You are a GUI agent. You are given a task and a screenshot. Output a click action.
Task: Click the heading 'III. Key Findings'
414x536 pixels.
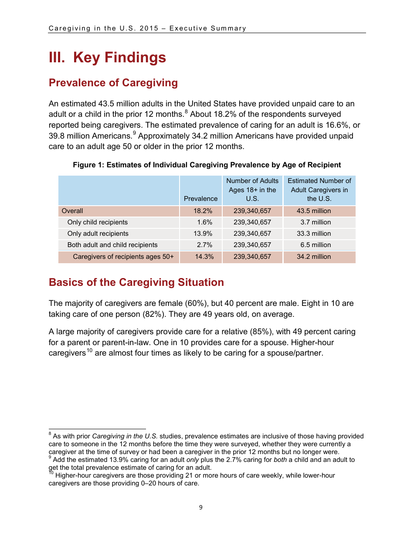pos(107,58)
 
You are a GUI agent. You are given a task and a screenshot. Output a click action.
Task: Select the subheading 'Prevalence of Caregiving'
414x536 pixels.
pos(113,83)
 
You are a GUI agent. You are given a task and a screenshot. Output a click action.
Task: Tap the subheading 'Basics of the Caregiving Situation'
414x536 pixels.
pos(136,282)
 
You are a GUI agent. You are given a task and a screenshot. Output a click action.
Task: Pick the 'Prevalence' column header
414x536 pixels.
pos(200,199)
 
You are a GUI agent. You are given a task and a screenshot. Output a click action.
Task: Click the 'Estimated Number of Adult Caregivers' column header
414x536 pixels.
pos(319,190)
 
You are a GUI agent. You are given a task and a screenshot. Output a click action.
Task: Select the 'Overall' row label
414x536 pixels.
pos(72,211)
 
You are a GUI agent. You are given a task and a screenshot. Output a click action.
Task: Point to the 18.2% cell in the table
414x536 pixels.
pos(203,211)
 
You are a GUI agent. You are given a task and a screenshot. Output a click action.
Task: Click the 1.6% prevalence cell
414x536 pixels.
pos(204,222)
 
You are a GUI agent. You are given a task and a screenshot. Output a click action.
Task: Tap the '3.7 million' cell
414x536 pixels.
pos(316,222)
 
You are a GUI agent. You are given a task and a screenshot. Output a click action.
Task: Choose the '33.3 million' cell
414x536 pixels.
pos(314,234)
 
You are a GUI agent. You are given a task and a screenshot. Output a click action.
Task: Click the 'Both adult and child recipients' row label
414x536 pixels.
pos(112,245)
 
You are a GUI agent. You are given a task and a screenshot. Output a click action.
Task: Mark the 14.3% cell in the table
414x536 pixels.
pos(204,257)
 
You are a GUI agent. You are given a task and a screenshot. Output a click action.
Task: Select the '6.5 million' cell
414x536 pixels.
pos(316,245)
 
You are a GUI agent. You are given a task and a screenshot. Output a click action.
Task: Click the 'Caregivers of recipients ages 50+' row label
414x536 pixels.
pos(123,257)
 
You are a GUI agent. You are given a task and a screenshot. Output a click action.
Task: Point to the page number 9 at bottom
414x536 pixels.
pos(200,507)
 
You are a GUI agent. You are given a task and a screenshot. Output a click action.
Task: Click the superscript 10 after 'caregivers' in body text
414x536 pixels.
pos(89,350)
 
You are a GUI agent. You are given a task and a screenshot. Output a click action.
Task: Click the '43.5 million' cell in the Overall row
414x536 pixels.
pos(314,211)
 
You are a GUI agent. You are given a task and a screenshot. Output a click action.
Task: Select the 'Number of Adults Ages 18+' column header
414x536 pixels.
pos(252,190)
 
